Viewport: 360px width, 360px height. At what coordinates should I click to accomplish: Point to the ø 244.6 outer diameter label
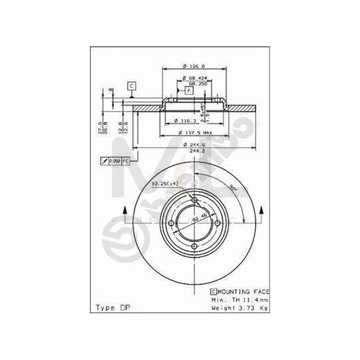coord(194,144)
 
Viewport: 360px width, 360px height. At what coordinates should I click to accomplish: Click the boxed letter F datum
coord(190,90)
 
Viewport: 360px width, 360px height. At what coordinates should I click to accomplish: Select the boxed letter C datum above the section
coord(132,85)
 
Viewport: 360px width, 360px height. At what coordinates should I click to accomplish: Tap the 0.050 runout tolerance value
coord(115,161)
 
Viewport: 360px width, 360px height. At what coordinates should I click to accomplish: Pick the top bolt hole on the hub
coord(194,200)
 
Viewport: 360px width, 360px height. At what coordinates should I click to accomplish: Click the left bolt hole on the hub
coord(171,223)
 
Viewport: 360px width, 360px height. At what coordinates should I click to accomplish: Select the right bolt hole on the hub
coord(218,223)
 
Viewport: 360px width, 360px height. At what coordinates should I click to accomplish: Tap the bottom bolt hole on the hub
coord(194,246)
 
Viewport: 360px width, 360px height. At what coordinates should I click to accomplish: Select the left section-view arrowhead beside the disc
coord(125,210)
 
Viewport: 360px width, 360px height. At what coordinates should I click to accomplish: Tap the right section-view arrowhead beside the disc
coord(262,210)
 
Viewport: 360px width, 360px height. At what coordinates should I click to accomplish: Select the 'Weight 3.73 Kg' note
coord(240,308)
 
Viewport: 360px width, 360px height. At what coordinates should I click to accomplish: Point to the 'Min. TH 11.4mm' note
coord(240,300)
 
